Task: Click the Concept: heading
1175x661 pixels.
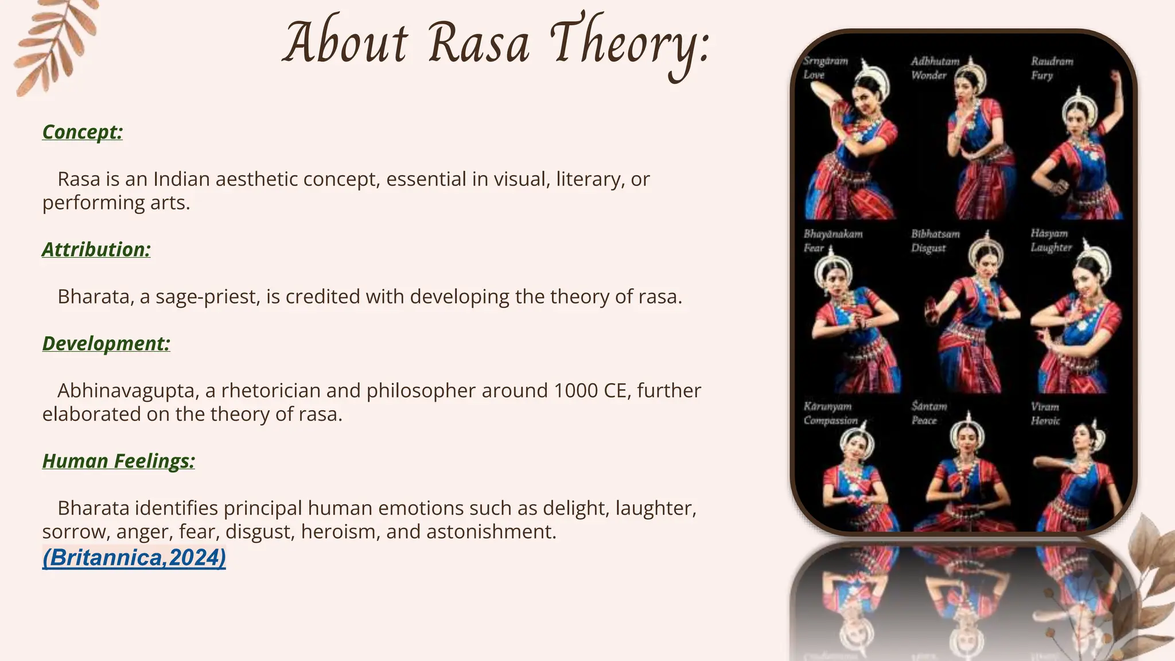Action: [83, 132]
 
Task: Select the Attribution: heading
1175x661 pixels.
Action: [96, 250]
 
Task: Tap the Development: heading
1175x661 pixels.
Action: [106, 344]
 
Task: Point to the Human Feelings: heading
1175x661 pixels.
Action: [119, 461]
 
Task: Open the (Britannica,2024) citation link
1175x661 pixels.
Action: [134, 558]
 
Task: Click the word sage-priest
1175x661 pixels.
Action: [208, 297]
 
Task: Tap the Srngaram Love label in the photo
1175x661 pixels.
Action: [824, 68]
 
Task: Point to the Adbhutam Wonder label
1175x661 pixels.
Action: [935, 68]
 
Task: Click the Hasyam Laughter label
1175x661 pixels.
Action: [1051, 240]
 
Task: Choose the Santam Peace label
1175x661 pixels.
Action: [929, 413]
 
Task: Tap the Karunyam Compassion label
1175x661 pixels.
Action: [830, 413]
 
